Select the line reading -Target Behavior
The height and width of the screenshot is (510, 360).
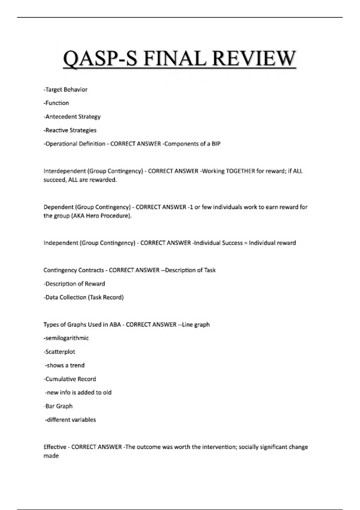pyautogui.click(x=65, y=89)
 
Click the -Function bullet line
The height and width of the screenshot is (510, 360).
pyautogui.click(x=56, y=103)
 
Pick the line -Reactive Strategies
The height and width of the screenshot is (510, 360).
pyautogui.click(x=70, y=130)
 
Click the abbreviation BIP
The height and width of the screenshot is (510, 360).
pyautogui.click(x=216, y=144)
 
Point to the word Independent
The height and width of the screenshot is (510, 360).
pyautogui.click(x=61, y=243)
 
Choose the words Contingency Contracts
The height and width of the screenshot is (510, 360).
pyautogui.click(x=73, y=270)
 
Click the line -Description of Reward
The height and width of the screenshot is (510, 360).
pyautogui.click(x=74, y=284)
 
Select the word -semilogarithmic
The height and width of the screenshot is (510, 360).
pyautogui.click(x=66, y=338)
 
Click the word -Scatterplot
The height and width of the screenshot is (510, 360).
pyautogui.click(x=59, y=352)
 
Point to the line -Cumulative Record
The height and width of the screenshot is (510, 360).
pyautogui.click(x=70, y=379)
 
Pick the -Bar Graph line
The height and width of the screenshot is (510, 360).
pyautogui.click(x=58, y=406)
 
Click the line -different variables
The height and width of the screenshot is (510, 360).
pyautogui.click(x=70, y=420)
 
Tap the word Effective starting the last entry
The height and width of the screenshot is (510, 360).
pyautogui.click(x=55, y=447)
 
